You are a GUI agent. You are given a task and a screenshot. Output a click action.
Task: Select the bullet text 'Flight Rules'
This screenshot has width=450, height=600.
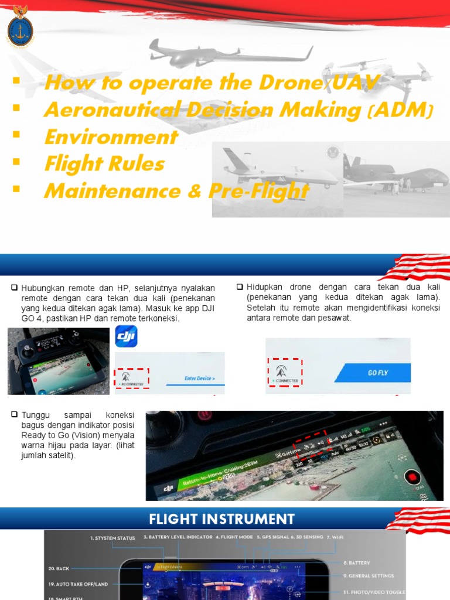pos(104,164)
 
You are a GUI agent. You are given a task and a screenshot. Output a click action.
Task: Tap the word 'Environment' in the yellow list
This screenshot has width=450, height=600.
pos(111,137)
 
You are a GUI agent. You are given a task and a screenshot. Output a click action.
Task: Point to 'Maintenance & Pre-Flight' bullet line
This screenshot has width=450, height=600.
pos(176,191)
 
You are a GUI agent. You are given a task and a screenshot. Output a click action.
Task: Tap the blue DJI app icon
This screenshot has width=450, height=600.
pos(126,336)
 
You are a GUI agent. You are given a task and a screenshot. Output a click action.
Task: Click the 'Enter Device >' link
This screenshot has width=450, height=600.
pos(199,379)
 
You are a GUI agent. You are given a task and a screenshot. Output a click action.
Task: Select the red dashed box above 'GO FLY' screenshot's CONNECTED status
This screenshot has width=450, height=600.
pos(285,371)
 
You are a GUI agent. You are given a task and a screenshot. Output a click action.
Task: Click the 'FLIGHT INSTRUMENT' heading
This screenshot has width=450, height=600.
pos(221,519)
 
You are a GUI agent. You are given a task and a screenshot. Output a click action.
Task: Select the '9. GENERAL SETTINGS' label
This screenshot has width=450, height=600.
pos(369,576)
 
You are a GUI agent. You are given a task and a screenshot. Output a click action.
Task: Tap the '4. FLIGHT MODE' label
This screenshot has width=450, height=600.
pos(234,537)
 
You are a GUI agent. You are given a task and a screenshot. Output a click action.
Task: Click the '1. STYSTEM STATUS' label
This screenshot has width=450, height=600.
pos(112,537)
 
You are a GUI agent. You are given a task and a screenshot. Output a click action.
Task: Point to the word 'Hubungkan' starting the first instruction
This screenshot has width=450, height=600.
pos(39,288)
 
